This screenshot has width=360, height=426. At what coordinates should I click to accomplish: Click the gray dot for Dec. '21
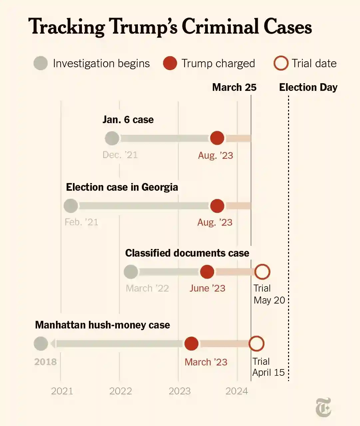coord(112,138)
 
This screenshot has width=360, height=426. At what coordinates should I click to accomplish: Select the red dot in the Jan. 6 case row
coord(217,138)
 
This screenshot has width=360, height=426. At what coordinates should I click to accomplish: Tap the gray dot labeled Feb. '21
coord(71,206)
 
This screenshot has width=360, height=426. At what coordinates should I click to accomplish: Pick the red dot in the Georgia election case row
coord(217,206)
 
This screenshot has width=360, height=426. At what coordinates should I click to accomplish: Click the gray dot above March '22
coord(131,272)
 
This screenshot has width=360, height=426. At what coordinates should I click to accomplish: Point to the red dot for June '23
coord(207,272)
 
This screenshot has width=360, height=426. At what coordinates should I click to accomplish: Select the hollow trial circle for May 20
coord(262,272)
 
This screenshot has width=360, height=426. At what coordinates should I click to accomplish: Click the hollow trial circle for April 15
coord(256,343)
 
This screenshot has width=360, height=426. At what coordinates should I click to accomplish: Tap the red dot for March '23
coord(191,343)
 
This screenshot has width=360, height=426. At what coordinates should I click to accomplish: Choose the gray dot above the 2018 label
coord(41,343)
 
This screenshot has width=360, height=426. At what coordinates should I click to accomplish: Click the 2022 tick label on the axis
coord(121,391)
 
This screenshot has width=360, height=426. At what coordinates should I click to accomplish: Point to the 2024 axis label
coord(236,391)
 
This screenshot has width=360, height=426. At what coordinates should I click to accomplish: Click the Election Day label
coord(308,87)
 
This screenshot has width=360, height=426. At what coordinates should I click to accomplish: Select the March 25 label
coord(234,87)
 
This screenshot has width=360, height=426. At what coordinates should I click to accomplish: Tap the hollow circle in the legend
coord(281,63)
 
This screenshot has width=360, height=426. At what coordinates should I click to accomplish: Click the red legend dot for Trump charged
coord(170,63)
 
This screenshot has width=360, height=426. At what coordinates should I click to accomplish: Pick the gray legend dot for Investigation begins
coord(41,63)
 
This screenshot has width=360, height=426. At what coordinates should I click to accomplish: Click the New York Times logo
coord(323,407)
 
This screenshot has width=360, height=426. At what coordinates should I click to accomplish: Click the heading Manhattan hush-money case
coord(102,325)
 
